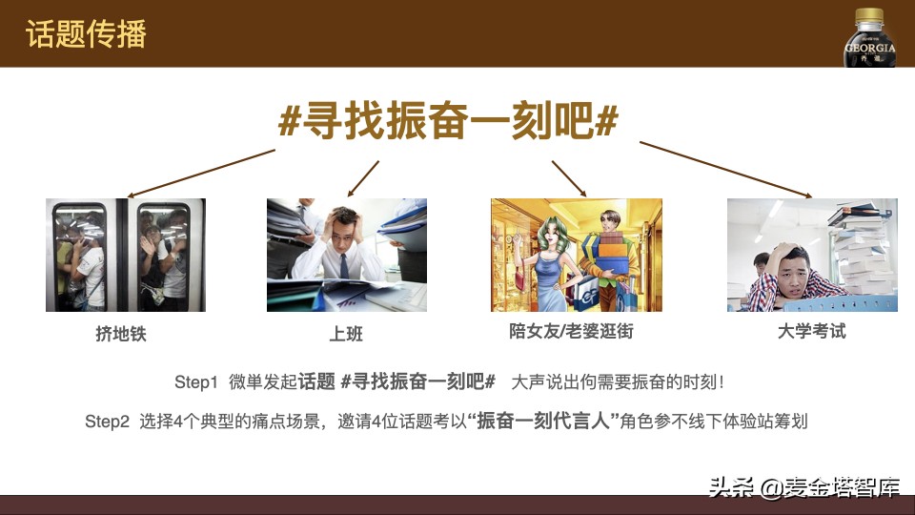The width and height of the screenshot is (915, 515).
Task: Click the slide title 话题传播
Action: (87, 34)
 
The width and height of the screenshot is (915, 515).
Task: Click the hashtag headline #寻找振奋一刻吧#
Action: (448, 122)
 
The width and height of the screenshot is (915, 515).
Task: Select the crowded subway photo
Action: (126, 255)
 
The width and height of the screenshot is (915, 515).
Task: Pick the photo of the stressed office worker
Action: (346, 255)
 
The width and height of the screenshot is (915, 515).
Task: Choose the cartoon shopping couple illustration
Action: (576, 255)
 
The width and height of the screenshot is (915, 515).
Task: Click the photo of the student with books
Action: (812, 255)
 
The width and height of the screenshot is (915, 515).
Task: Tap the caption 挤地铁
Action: (121, 335)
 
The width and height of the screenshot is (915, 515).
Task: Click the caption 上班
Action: (346, 335)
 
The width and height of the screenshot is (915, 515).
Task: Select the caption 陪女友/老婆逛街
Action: (571, 333)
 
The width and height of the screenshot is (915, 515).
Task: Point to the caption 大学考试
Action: (811, 332)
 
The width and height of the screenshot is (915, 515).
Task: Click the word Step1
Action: (196, 382)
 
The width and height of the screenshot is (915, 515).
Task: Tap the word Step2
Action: (107, 421)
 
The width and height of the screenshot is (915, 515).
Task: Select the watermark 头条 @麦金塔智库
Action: (803, 488)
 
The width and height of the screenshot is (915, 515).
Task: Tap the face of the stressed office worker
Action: (343, 234)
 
